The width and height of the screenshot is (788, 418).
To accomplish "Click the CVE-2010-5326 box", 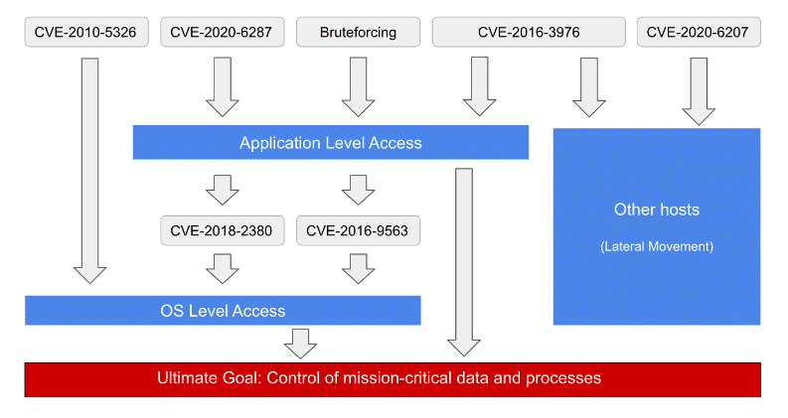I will pyautogui.click(x=86, y=33).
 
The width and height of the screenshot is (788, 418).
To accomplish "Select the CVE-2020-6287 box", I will pyautogui.click(x=223, y=33).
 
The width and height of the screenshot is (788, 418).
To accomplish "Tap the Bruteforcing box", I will pyautogui.click(x=358, y=33).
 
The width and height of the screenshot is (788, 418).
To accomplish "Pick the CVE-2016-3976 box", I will pyautogui.click(x=528, y=33).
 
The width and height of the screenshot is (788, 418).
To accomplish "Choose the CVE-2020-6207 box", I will pyautogui.click(x=699, y=33).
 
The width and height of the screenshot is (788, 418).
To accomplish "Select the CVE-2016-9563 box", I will pyautogui.click(x=358, y=231).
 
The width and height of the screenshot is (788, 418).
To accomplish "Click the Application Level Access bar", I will pyautogui.click(x=330, y=143).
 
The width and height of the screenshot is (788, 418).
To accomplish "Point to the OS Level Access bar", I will pyautogui.click(x=223, y=311).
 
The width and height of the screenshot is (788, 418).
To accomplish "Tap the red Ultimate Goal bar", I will pyautogui.click(x=393, y=379).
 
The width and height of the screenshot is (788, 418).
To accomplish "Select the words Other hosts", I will pyautogui.click(x=657, y=210).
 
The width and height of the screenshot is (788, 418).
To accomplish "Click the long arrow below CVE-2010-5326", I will pyautogui.click(x=89, y=169).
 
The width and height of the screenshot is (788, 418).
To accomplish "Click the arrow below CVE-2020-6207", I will pyautogui.click(x=699, y=89).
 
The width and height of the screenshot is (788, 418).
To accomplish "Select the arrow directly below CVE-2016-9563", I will pyautogui.click(x=358, y=268).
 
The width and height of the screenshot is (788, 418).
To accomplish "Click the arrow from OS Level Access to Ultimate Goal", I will pyautogui.click(x=299, y=343).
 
